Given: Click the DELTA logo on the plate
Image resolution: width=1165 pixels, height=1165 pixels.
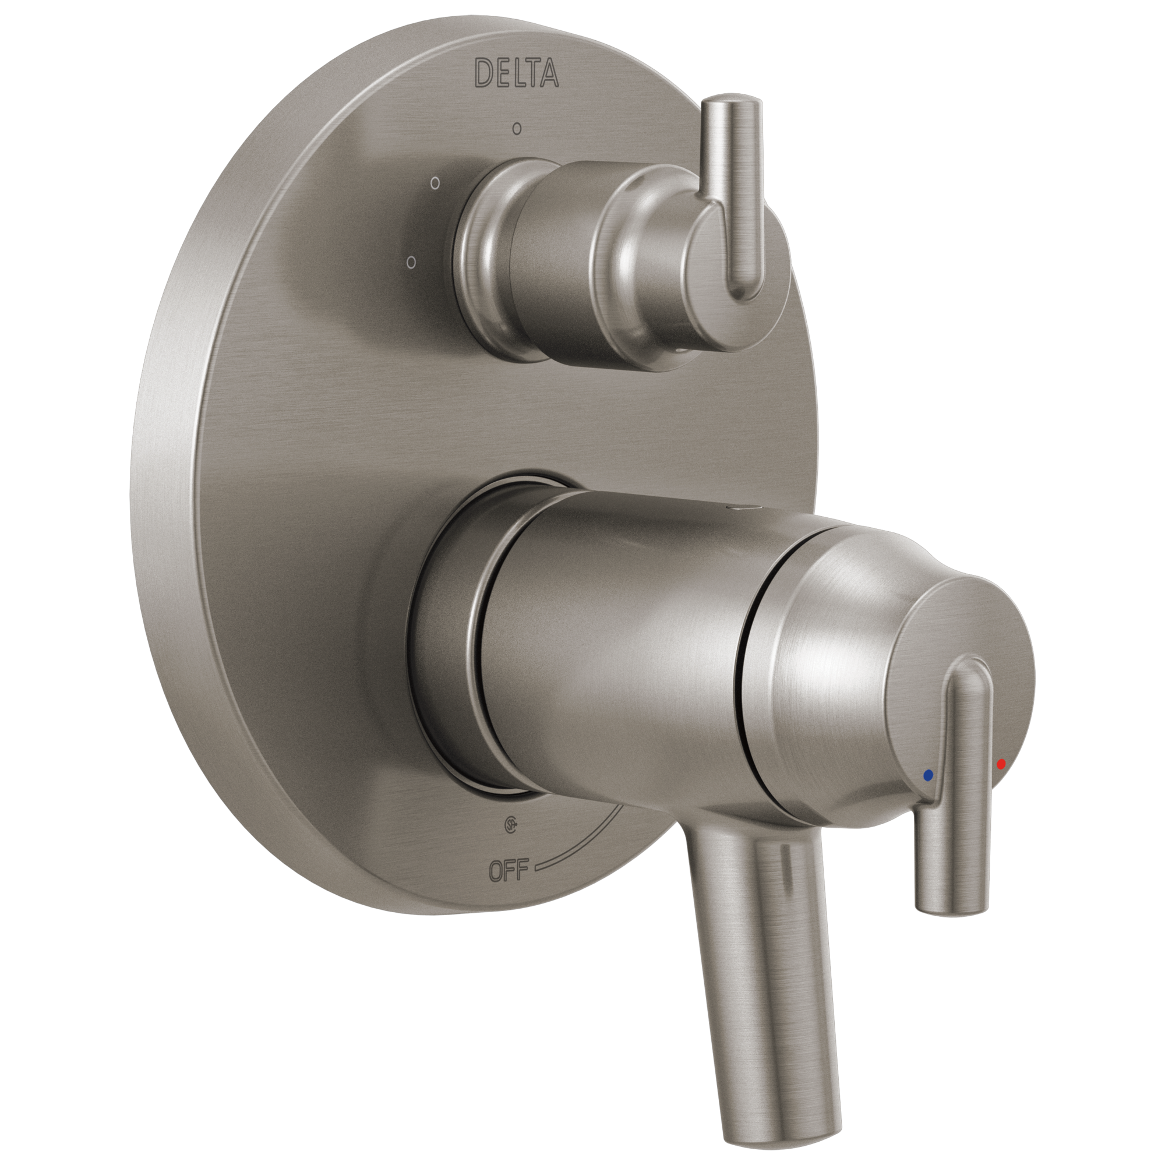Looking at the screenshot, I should [517, 73].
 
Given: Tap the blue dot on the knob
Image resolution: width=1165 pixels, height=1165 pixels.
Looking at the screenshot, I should [928, 775].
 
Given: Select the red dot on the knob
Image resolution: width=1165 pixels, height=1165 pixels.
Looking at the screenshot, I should [1001, 765].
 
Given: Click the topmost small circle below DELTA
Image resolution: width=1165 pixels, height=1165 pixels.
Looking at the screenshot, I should [516, 128].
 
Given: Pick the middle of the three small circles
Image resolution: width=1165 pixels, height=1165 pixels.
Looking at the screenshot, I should [435, 182].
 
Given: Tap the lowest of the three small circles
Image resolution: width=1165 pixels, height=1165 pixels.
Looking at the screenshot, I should [411, 262].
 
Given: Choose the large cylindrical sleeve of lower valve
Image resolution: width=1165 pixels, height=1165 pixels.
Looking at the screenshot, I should [615, 651].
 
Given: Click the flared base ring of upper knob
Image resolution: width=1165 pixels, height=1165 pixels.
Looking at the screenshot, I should [482, 265].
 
